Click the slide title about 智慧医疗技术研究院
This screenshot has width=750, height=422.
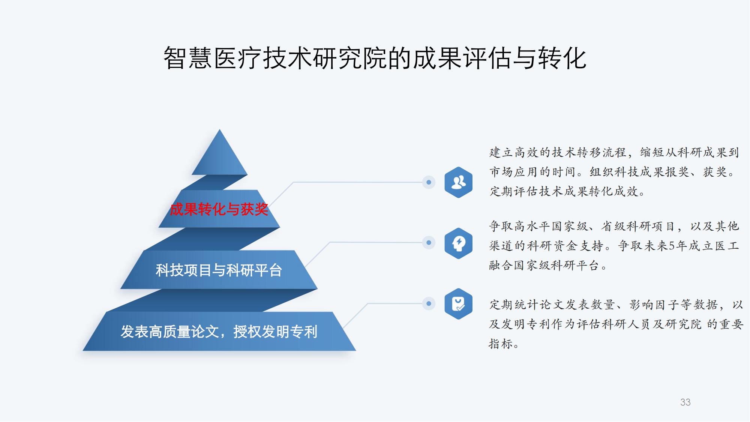375,58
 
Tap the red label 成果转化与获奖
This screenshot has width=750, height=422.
219,209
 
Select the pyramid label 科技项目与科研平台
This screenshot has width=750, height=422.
219,270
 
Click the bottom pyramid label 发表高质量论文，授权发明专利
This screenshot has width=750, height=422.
219,332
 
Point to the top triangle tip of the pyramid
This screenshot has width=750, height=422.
220,130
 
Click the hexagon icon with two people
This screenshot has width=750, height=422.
458,182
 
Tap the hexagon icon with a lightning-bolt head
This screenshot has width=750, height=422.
458,243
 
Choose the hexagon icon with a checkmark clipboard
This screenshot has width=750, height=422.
458,304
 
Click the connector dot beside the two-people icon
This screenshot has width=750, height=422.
429,182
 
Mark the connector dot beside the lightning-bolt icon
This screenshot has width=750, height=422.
429,243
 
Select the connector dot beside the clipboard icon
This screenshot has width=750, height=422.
429,303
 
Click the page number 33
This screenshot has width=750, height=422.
685,402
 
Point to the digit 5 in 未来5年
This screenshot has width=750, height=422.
672,246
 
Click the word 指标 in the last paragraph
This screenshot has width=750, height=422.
501,344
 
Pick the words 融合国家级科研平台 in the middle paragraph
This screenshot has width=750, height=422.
544,266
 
